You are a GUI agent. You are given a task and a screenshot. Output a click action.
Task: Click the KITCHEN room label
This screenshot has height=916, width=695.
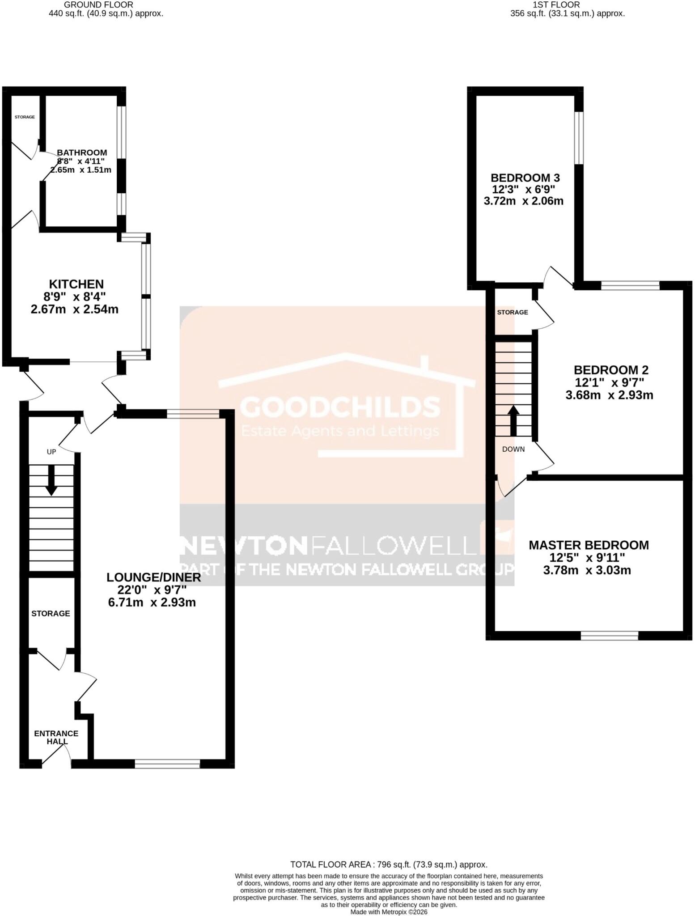(76, 284)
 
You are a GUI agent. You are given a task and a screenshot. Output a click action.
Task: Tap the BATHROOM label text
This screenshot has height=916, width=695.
(82, 153)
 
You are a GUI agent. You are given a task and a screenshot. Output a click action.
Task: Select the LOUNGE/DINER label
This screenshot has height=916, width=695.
(153, 577)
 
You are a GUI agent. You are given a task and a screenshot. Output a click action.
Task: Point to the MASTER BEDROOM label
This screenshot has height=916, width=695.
(589, 545)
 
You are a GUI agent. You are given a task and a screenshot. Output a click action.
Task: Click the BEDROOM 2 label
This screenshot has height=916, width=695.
(611, 370)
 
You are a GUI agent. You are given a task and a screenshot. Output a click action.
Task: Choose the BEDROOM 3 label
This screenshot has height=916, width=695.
(525, 178)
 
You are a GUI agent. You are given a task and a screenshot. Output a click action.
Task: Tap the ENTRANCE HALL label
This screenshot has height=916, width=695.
(56, 738)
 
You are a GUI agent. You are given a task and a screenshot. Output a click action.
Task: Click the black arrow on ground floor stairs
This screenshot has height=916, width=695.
(51, 480)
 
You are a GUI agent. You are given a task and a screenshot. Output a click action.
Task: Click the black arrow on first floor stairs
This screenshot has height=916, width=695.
(513, 420)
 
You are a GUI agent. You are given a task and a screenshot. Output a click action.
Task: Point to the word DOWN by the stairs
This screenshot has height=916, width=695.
(513, 449)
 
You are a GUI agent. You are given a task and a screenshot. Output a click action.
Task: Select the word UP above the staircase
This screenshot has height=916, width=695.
(51, 452)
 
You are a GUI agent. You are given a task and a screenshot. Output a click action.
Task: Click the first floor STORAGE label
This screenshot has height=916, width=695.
(513, 312)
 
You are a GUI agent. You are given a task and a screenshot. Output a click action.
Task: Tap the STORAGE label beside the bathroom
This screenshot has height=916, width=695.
(25, 117)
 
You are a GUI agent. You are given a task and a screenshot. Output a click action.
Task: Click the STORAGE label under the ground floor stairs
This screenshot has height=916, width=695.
(51, 613)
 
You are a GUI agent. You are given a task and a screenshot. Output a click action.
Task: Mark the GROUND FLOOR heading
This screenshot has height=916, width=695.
(99, 4)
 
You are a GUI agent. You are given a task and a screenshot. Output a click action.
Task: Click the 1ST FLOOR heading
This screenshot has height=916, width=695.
(556, 4)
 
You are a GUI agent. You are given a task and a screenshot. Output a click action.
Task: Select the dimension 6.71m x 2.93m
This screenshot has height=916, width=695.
(152, 602)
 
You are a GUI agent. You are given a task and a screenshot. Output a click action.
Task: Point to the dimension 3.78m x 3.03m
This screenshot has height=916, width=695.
(587, 570)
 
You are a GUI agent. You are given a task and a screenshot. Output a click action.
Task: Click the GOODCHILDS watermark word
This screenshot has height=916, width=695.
(340, 407)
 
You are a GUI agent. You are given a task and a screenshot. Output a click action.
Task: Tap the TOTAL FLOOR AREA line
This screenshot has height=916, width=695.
(389, 865)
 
